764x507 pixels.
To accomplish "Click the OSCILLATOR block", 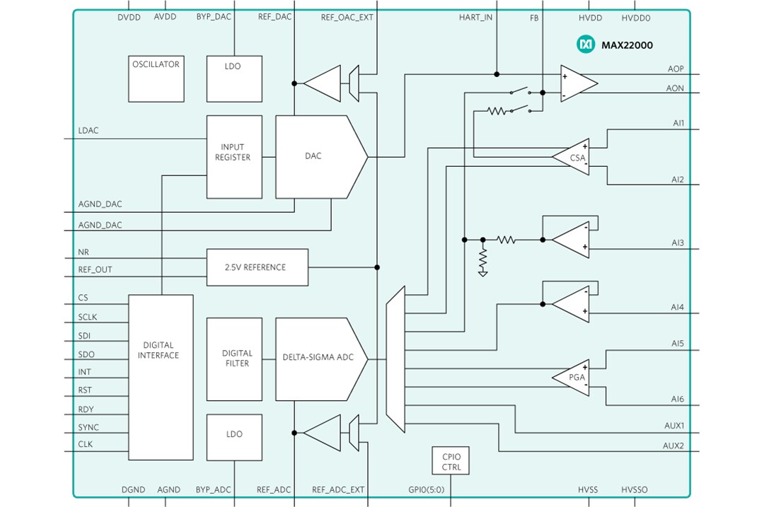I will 156,78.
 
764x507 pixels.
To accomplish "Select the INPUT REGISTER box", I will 233,156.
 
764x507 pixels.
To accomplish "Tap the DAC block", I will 315,156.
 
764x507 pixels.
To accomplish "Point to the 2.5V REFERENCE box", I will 257,267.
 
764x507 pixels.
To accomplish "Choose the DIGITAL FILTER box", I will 234,358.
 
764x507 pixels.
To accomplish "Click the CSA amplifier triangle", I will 574,157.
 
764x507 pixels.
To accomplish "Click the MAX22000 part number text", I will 627,45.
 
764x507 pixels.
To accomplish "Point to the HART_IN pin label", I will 476,18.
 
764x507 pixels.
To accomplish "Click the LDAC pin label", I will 89,131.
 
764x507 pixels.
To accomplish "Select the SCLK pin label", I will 89,317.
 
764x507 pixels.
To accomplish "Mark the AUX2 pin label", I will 673,445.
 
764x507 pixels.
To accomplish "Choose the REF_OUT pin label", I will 95,269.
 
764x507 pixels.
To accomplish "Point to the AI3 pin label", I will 678,243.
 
